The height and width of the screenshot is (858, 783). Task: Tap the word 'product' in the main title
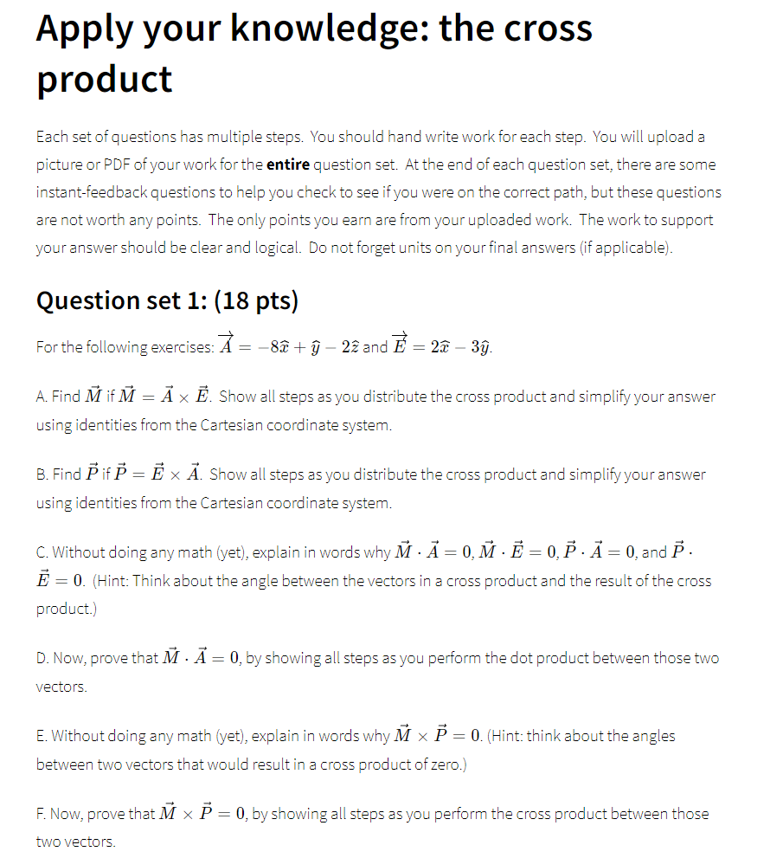pyautogui.click(x=104, y=80)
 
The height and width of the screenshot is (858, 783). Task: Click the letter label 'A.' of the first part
pyautogui.click(x=42, y=397)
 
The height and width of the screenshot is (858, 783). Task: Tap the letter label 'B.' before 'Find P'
pyautogui.click(x=42, y=474)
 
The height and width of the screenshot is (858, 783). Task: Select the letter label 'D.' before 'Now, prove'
pyautogui.click(x=42, y=659)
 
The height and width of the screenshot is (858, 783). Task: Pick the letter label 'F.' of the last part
pyautogui.click(x=41, y=814)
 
